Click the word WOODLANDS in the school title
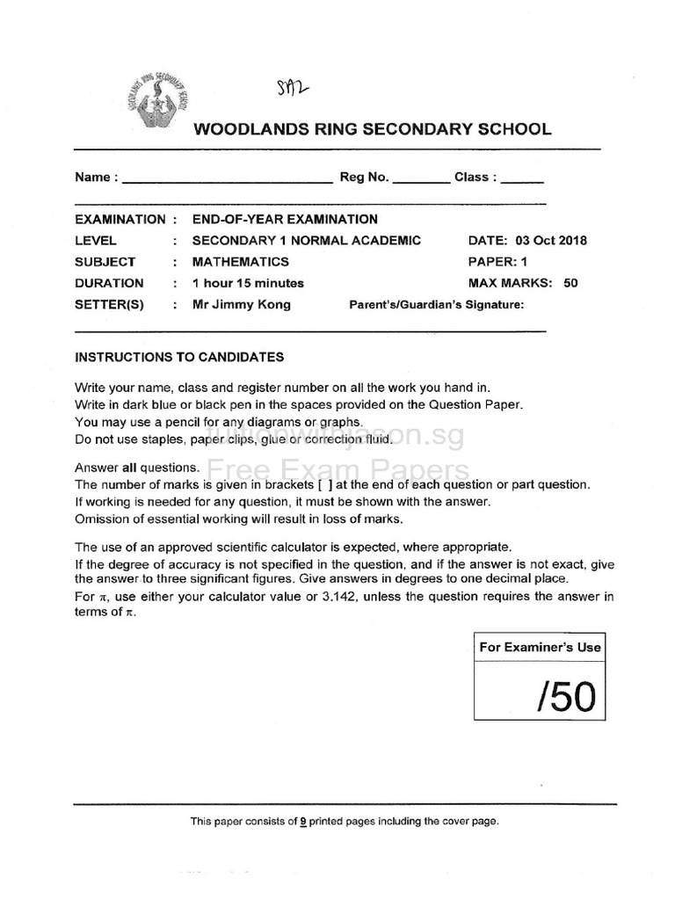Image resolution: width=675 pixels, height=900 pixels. [243, 130]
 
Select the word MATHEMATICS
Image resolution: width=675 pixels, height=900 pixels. [240, 262]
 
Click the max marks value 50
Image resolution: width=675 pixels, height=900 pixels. [570, 283]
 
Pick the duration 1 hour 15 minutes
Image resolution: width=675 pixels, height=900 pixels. [248, 283]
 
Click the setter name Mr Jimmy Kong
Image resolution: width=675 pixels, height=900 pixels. [241, 305]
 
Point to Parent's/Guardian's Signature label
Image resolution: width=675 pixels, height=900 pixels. [436, 305]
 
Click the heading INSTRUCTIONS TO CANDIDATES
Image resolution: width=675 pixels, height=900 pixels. [179, 357]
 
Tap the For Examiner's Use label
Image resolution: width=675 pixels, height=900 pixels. [540, 647]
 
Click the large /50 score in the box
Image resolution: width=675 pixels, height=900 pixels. [566, 697]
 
